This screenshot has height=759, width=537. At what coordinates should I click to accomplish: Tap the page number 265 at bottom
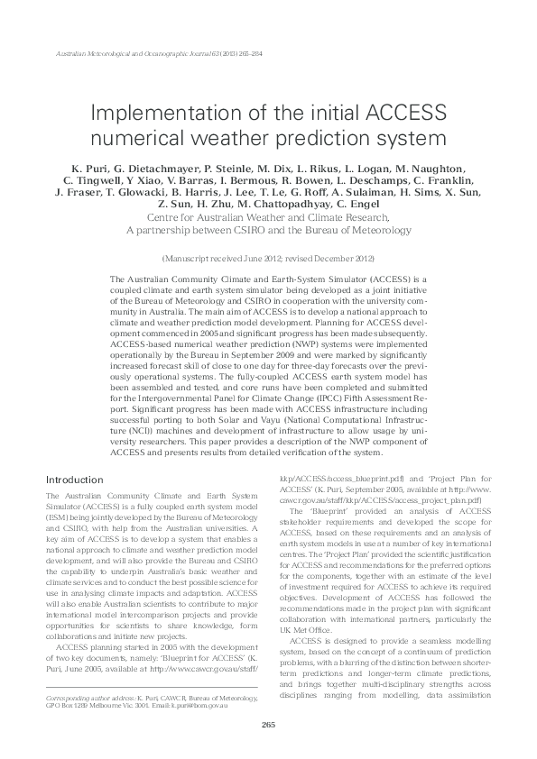coord(268,726)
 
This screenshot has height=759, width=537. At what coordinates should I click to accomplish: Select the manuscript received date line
coord(268,257)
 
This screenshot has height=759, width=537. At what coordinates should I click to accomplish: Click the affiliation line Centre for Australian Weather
coord(268,217)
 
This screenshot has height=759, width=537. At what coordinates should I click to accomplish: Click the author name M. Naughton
coord(404,168)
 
